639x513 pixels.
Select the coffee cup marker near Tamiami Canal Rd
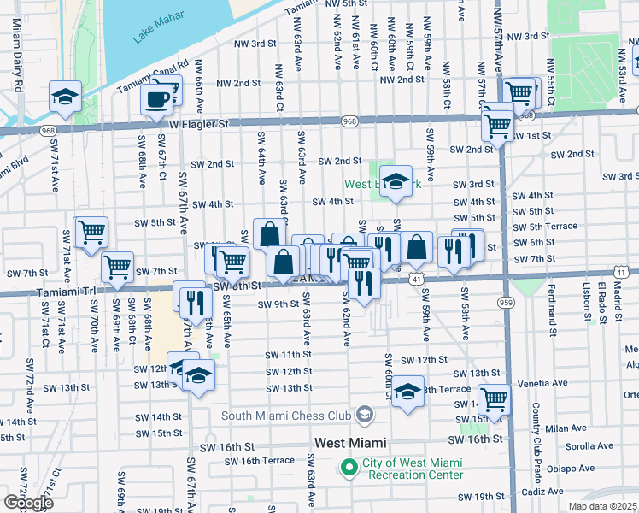[156, 99]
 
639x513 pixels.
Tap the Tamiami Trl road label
[67, 292]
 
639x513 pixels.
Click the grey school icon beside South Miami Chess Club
[365, 416]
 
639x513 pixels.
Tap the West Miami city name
[350, 443]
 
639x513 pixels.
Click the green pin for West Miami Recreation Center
[348, 468]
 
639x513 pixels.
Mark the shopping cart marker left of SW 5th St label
[91, 231]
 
